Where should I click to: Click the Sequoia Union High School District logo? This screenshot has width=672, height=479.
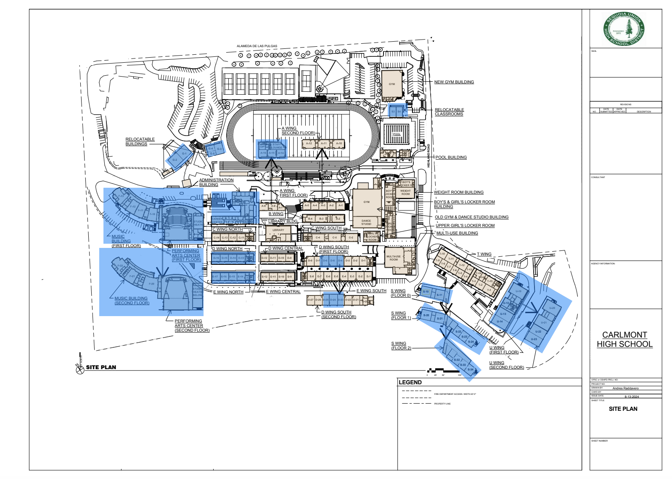tap(624, 29)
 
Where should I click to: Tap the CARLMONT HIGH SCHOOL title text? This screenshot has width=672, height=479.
tap(624, 339)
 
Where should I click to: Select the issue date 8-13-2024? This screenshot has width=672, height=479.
tap(631, 397)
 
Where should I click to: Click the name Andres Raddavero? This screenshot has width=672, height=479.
tap(625, 388)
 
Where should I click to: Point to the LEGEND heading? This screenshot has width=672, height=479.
tap(410, 382)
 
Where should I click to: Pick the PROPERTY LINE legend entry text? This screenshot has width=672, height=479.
tap(442, 404)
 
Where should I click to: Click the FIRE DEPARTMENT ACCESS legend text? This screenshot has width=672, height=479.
tap(455, 394)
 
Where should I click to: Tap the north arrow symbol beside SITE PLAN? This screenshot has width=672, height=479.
tap(80, 369)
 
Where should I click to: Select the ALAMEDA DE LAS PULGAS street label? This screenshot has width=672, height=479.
tap(257, 46)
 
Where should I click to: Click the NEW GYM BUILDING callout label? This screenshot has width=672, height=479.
tap(454, 82)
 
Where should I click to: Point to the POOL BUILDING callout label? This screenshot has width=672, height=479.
tap(451, 157)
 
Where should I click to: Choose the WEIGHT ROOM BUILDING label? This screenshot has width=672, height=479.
tap(458, 192)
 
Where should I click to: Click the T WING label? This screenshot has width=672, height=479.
tap(484, 254)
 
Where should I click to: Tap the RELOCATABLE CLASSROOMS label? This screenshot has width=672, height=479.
tap(449, 112)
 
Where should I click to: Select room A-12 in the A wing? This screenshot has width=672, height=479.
tap(309, 144)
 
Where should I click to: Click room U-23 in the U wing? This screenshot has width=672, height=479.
tap(534, 339)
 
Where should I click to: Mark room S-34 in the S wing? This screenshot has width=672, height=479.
tap(471, 370)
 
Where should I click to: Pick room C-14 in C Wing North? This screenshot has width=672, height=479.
tap(216, 237)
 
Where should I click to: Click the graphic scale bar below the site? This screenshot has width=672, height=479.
tap(444, 371)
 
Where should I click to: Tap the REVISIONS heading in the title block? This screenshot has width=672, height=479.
tap(625, 104)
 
